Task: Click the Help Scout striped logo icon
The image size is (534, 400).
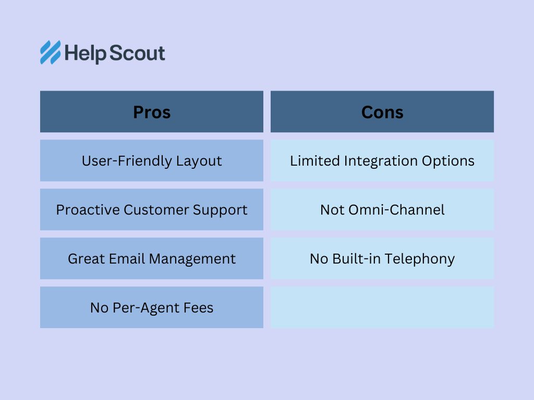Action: (x=51, y=53)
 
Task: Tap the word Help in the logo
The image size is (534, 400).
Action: (x=85, y=54)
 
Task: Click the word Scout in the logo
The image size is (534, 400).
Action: (x=137, y=53)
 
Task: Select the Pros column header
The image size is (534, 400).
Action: (x=152, y=111)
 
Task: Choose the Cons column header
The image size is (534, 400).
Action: (x=382, y=111)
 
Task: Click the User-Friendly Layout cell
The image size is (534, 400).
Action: (x=152, y=160)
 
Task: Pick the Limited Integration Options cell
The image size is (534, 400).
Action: (x=382, y=160)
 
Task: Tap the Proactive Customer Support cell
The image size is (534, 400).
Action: (x=152, y=209)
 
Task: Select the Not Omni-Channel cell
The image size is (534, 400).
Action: (x=382, y=209)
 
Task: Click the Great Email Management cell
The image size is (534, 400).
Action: (x=152, y=258)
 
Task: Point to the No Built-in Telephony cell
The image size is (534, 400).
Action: (x=382, y=258)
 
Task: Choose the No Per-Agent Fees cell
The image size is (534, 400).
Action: (x=152, y=307)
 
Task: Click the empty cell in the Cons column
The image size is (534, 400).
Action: (x=382, y=307)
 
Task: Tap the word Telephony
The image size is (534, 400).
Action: (x=420, y=259)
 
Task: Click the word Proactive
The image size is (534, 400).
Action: (x=88, y=210)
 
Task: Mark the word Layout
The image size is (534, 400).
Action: (x=199, y=161)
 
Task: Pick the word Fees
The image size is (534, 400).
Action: (x=198, y=308)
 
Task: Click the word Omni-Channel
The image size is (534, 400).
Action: (x=397, y=210)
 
